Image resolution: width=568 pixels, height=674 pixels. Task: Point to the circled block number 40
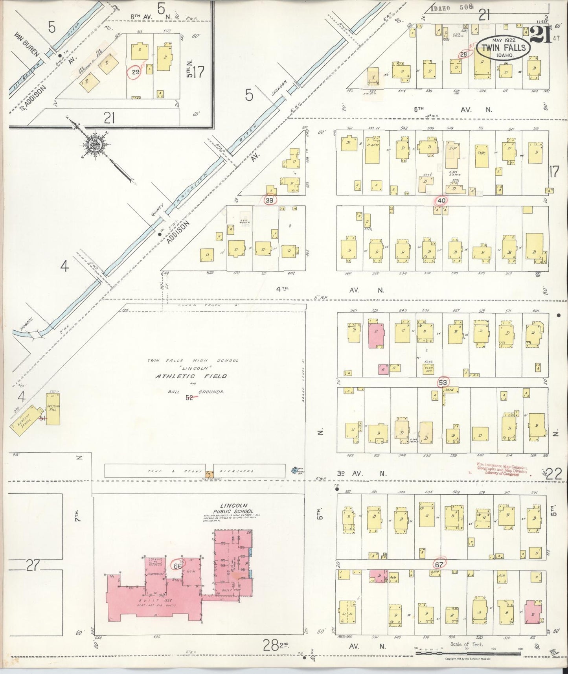pyautogui.click(x=441, y=201)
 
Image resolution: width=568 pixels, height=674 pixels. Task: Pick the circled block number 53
pyautogui.click(x=443, y=382)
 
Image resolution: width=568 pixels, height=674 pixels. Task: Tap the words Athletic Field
pyautogui.click(x=191, y=376)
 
